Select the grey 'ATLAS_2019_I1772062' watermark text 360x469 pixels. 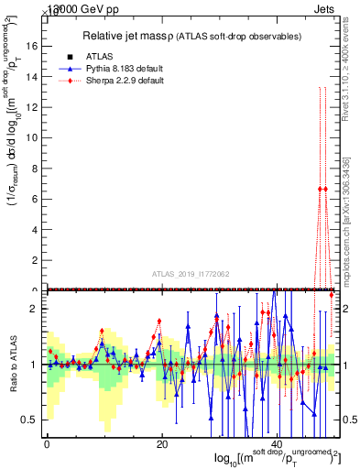193,273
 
